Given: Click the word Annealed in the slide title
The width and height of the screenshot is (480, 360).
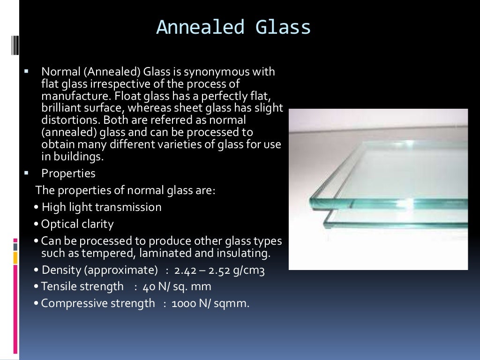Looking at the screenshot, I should pyautogui.click(x=200, y=28).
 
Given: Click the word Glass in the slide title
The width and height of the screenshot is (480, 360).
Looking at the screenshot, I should pyautogui.click(x=284, y=28).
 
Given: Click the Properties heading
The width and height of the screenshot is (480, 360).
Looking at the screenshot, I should pyautogui.click(x=68, y=173).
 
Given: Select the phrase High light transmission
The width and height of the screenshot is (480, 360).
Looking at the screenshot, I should pyautogui.click(x=101, y=207).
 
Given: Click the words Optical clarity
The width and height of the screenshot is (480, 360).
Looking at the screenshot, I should pyautogui.click(x=77, y=224).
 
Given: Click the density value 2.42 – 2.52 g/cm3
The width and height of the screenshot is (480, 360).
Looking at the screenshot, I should pyautogui.click(x=219, y=270).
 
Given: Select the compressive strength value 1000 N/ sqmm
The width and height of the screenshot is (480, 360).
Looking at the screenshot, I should pyautogui.click(x=211, y=303).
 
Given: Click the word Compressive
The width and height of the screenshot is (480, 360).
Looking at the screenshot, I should pyautogui.click(x=75, y=303).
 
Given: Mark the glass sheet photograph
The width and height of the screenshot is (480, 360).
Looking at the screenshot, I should pyautogui.click(x=378, y=189).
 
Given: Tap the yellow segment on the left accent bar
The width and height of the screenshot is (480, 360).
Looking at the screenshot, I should pyautogui.click(x=15, y=257).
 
